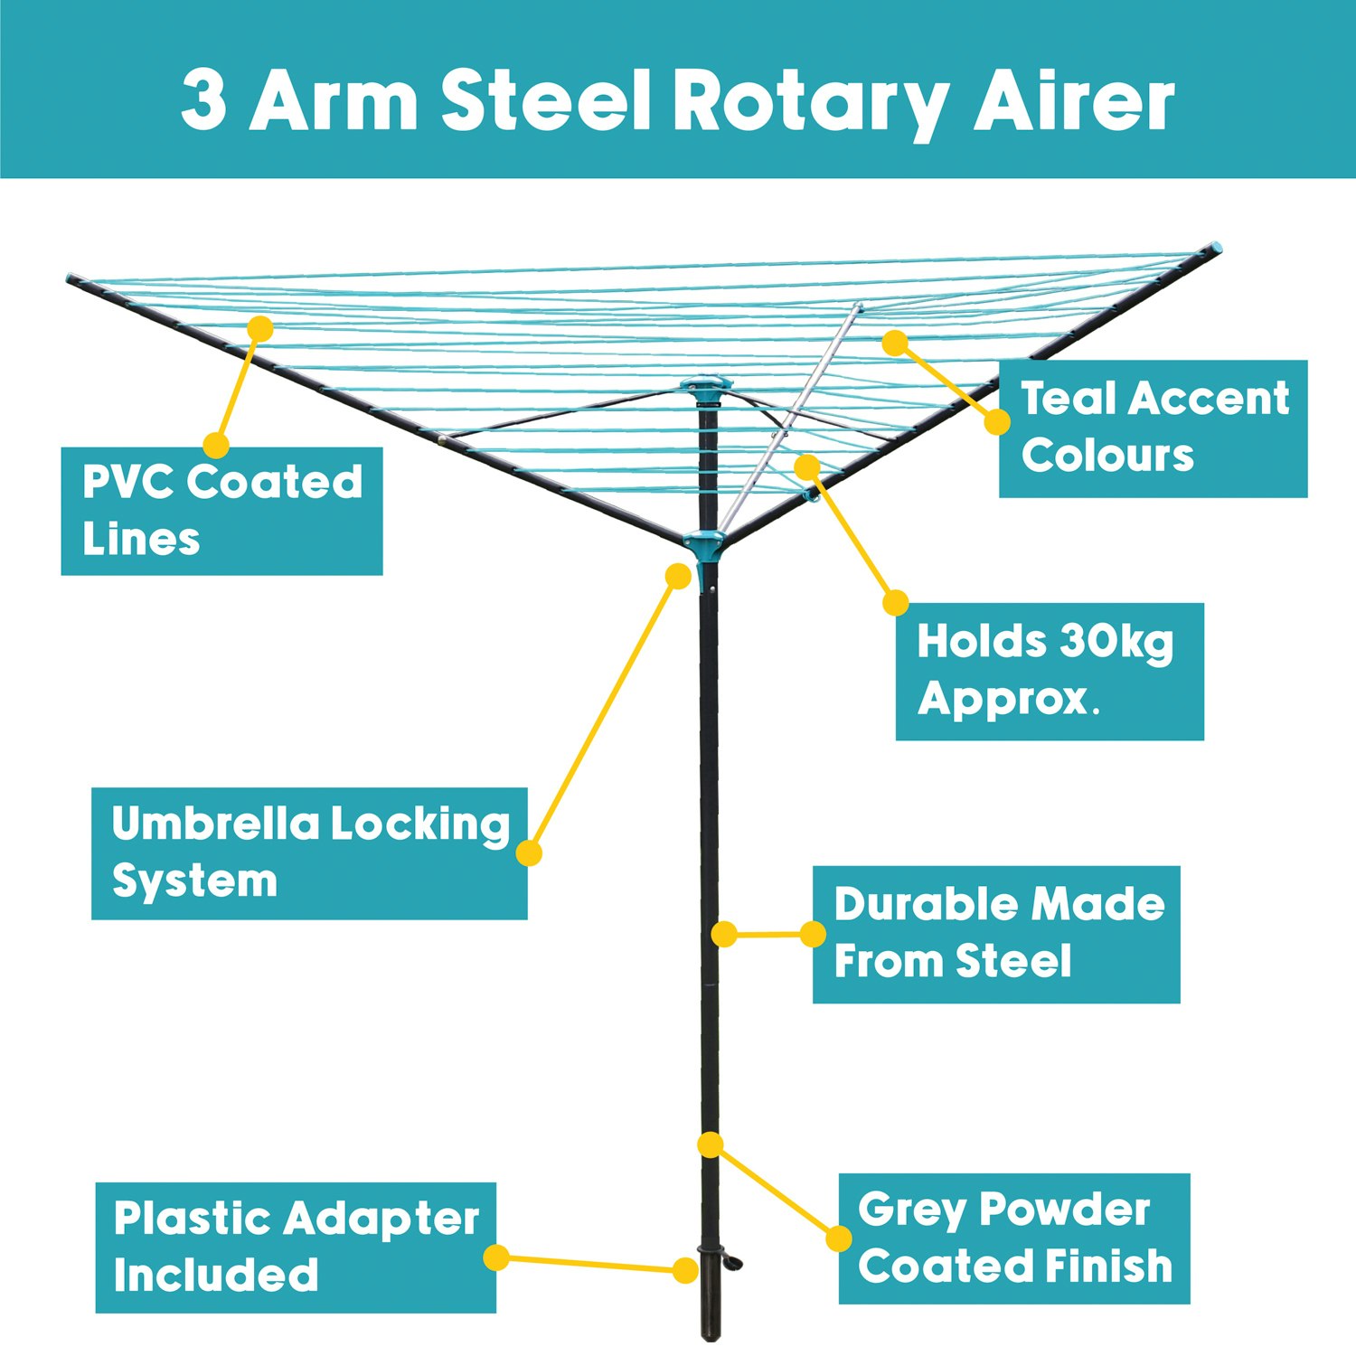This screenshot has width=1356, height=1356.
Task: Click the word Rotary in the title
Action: (810, 101)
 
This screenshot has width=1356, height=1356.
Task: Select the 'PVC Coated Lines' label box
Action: (221, 511)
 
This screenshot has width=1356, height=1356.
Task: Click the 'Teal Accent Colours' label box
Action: (1153, 428)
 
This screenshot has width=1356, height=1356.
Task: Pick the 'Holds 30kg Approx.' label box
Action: (1049, 671)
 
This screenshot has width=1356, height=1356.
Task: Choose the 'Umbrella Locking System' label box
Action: (309, 852)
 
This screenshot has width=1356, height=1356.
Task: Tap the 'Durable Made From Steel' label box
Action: (995, 934)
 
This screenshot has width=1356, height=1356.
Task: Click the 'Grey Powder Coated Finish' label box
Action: (1013, 1238)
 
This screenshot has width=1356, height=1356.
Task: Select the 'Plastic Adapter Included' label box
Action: (296, 1247)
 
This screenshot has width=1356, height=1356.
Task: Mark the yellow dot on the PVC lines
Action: (259, 328)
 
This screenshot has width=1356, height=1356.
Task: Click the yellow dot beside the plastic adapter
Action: (685, 1270)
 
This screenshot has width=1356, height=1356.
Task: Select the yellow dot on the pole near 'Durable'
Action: (724, 934)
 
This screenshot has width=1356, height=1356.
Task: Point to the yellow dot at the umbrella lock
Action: (678, 576)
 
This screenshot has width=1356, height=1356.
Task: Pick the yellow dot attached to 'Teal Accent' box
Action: (997, 421)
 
